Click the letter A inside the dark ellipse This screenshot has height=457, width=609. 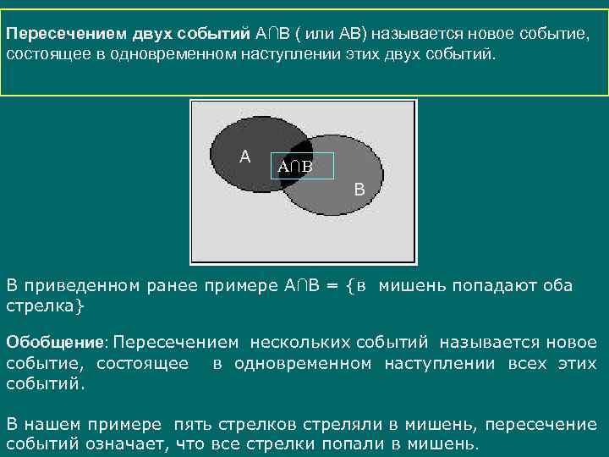click(244, 157)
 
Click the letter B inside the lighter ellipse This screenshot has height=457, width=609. click(359, 190)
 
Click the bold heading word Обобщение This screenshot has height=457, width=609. click(54, 343)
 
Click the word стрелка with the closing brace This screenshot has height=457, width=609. click(46, 305)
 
